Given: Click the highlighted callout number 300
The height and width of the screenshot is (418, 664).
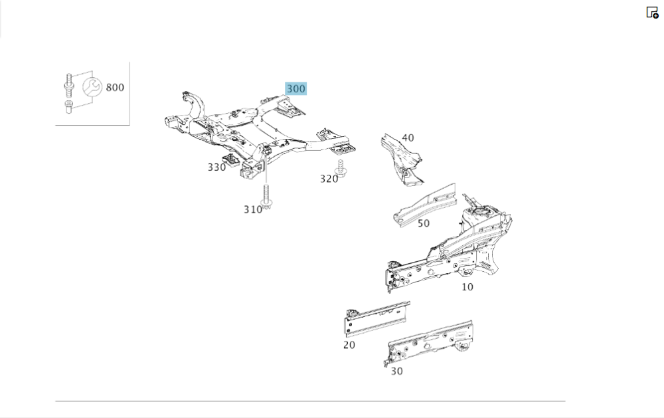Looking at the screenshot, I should (295, 88).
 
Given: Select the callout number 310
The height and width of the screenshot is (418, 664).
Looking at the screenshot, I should (252, 209).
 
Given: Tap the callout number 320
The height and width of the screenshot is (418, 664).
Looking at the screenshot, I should (329, 178).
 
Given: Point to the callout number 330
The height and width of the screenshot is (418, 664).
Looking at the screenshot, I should (216, 167).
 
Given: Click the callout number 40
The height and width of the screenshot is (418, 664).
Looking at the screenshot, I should (408, 138).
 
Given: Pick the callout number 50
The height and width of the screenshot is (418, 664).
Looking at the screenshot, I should (424, 223).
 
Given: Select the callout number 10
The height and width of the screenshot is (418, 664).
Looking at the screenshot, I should (467, 287).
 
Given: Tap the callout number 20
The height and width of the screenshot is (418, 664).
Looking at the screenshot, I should (349, 345).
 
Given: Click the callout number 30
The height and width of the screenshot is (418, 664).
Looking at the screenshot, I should (396, 371).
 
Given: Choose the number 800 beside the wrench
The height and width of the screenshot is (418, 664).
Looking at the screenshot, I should (115, 87).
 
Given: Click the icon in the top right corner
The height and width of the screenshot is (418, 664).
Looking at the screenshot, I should (652, 12).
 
